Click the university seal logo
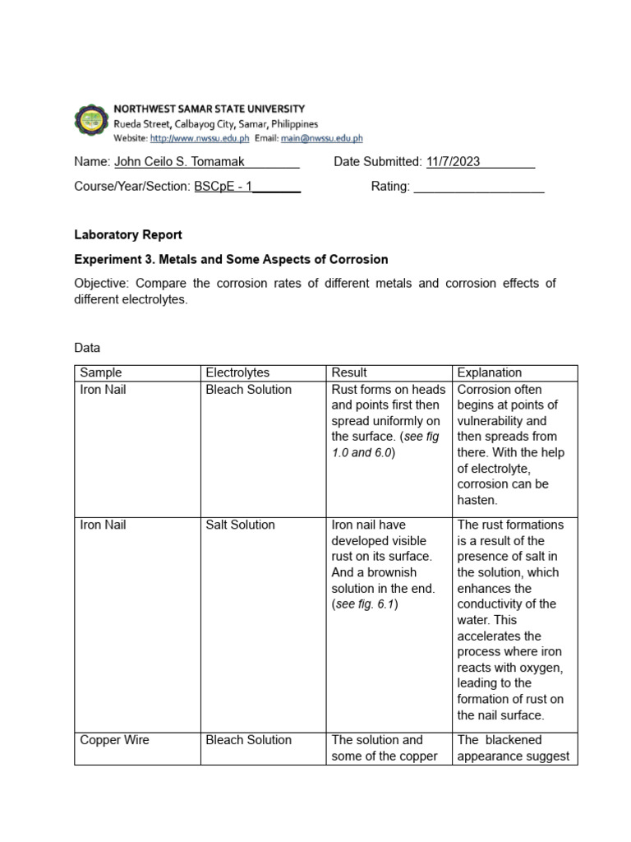(x=90, y=123)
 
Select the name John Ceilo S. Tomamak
(x=181, y=162)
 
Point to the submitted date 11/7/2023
(x=453, y=162)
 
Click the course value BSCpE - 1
(x=223, y=187)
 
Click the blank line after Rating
(x=478, y=187)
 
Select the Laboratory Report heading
(x=127, y=234)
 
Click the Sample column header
(x=101, y=372)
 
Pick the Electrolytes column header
(x=237, y=372)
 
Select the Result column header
(x=349, y=372)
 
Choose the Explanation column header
(x=489, y=372)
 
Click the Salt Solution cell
(x=240, y=525)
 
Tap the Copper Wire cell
(x=114, y=740)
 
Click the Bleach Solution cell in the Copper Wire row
(x=248, y=740)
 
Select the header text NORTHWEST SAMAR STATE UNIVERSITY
(x=209, y=109)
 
